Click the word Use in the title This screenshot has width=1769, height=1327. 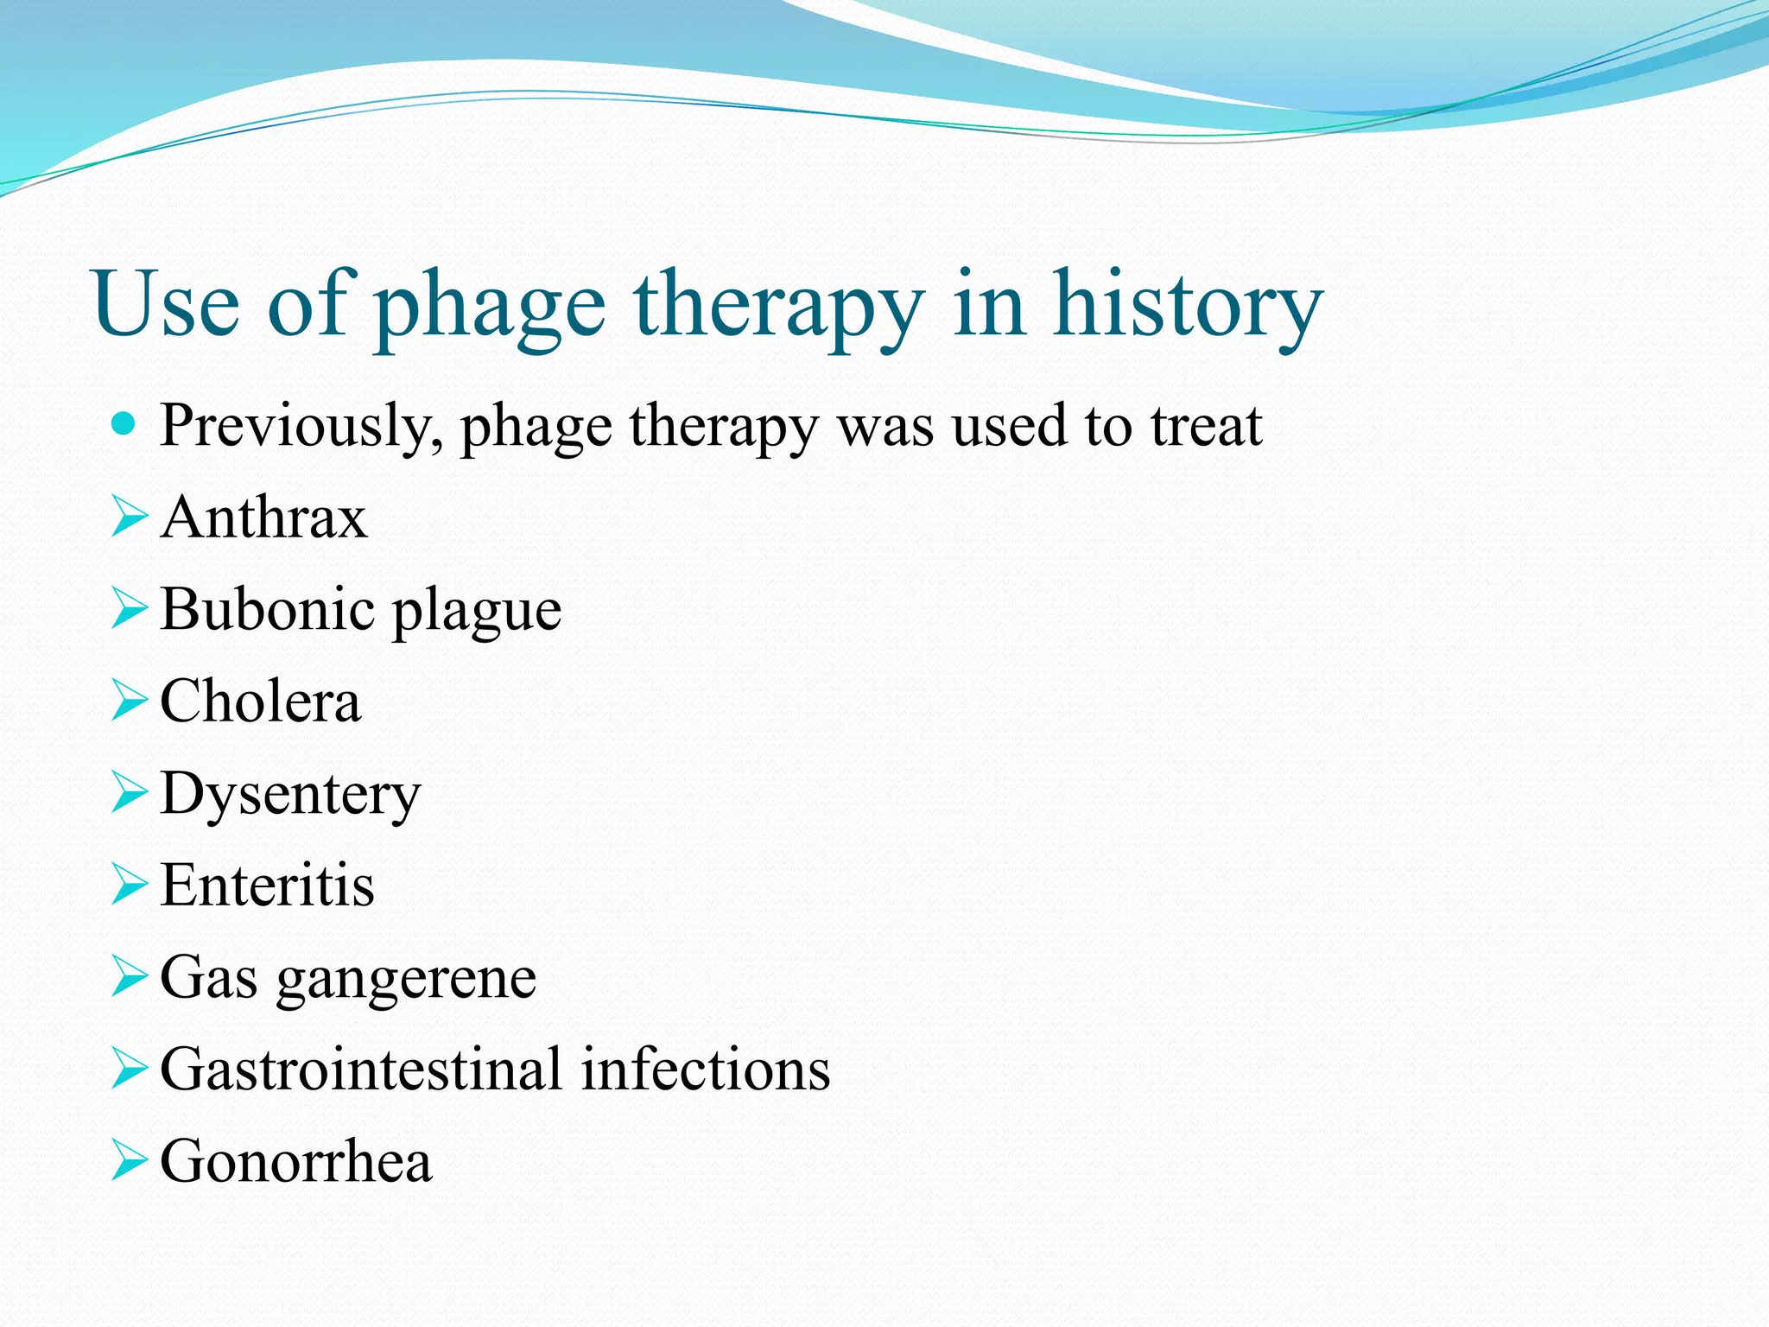165,305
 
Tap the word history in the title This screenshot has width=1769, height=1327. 1187,307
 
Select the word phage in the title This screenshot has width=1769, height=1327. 491,311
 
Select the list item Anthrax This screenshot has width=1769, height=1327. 263,517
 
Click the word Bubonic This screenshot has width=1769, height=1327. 267,609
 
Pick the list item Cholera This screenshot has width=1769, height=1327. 260,701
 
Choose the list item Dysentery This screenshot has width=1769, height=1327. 290,796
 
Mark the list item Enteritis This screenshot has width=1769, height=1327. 267,886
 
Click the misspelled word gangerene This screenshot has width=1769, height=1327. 406,981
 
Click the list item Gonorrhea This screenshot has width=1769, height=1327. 295,1161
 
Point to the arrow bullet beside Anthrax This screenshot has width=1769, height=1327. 130,517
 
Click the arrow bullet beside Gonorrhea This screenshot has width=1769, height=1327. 130,1160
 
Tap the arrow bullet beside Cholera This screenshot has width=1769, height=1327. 130,701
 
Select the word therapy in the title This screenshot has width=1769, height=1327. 778,311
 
